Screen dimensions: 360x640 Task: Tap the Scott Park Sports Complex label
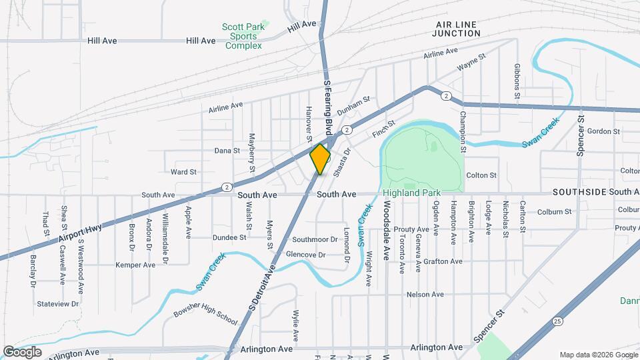pos(243,36)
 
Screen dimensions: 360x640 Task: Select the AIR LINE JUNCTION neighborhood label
pos(455,29)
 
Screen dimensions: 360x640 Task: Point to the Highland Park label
pos(412,193)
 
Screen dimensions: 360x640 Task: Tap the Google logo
pos(22,351)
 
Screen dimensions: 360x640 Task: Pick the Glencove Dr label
pos(305,255)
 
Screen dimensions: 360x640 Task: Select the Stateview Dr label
pos(58,303)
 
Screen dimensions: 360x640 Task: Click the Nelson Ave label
pos(425,294)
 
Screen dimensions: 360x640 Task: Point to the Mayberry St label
pos(252,153)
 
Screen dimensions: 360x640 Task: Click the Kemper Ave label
pos(135,265)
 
